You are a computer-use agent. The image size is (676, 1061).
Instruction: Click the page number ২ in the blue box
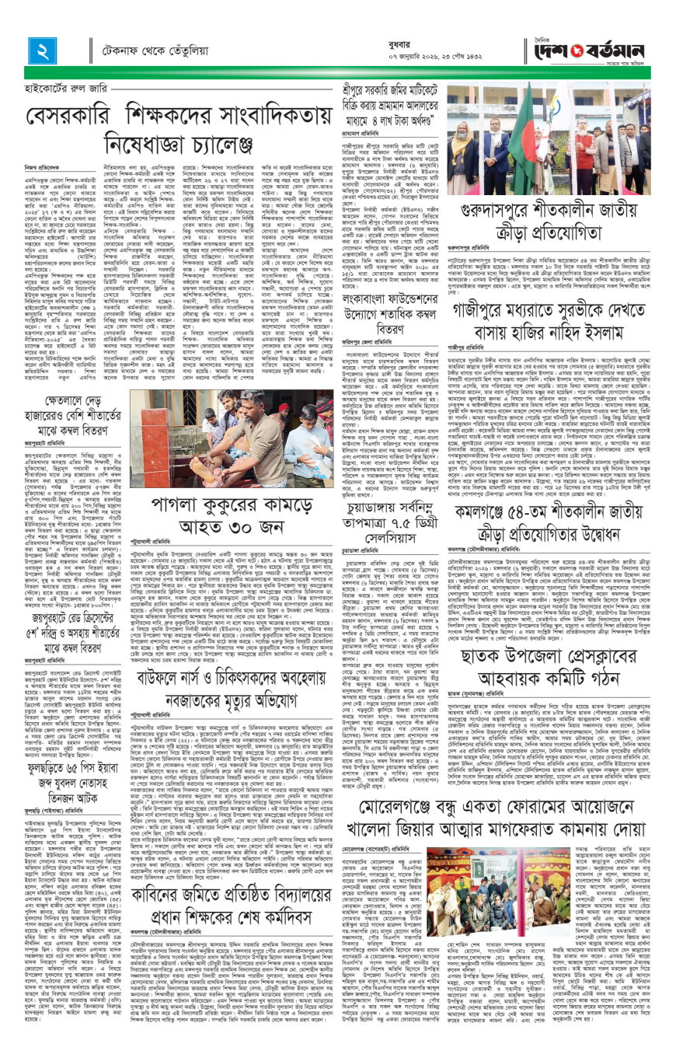click(40, 52)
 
